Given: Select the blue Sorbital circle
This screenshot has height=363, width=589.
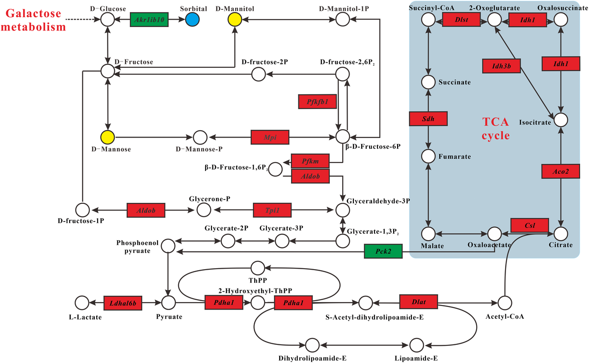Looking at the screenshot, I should tap(192, 19).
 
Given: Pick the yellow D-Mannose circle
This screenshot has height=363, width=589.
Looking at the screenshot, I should tap(107, 137).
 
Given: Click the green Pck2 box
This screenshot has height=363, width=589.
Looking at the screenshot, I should tap(383, 251).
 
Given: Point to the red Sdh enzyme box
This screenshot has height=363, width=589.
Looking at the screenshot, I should tap(428, 118).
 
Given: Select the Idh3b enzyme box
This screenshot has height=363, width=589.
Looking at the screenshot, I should tap(500, 66).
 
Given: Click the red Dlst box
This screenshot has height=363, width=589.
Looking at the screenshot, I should tap(461, 19).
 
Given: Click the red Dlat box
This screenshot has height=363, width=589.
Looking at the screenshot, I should tap(418, 301).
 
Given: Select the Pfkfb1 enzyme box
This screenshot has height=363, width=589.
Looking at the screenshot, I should tap(317, 102).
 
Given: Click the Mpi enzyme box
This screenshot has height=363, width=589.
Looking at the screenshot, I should tap(269, 137).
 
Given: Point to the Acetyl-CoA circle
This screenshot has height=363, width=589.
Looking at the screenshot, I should tap(505, 302).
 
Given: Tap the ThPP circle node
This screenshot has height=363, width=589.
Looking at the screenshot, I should tap(258, 268).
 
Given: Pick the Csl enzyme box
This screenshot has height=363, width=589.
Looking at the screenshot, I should tap(529, 225).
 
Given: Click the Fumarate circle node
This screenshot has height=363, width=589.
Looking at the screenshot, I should tap(428, 156).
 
